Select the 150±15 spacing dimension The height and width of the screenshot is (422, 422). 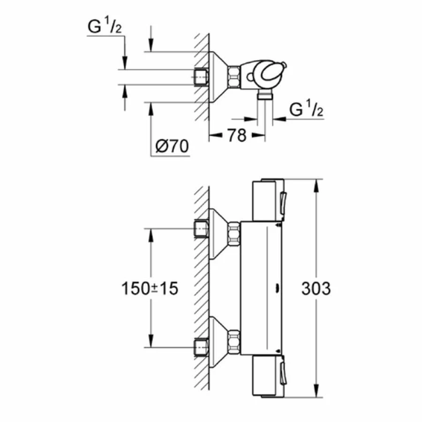pyautogui.click(x=150, y=288)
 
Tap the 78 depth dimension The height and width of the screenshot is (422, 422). pyautogui.click(x=237, y=136)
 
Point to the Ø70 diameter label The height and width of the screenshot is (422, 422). pyautogui.click(x=171, y=147)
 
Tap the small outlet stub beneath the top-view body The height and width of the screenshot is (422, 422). pyautogui.click(x=265, y=96)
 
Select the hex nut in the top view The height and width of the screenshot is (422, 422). pyautogui.click(x=234, y=76)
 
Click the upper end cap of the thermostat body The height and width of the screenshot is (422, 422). pyautogui.click(x=268, y=200)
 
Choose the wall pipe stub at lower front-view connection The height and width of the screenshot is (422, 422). pyautogui.click(x=201, y=347)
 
